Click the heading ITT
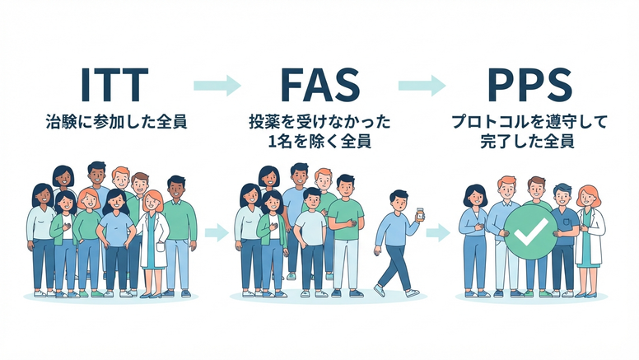click(x=114, y=85)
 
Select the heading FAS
click(x=320, y=85)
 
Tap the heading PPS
click(x=529, y=85)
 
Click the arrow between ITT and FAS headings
click(x=217, y=85)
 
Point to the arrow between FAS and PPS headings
click(x=422, y=85)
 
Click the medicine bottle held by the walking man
click(x=420, y=214)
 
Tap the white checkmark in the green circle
click(x=530, y=231)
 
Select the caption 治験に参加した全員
click(x=117, y=122)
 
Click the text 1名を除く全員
click(x=319, y=142)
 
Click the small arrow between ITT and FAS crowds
click(x=217, y=232)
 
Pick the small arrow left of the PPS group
click(x=438, y=232)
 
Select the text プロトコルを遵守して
click(x=529, y=122)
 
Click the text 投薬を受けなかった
click(x=319, y=122)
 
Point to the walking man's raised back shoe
click(x=379, y=290)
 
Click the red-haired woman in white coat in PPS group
click(x=590, y=241)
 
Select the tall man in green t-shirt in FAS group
click(x=346, y=235)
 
